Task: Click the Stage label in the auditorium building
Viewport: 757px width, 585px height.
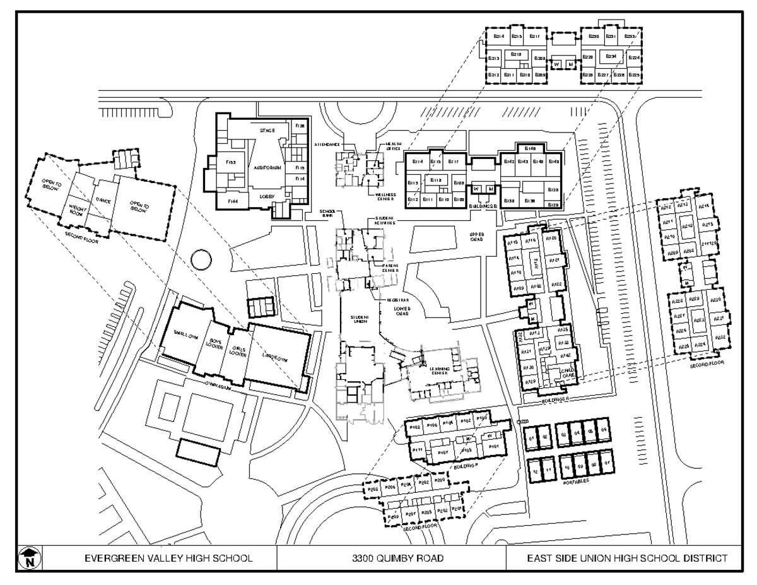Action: tap(267, 131)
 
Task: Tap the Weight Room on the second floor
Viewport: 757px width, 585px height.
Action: tap(78, 210)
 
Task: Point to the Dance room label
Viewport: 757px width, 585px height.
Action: tap(103, 200)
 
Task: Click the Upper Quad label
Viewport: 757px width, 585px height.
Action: tap(476, 237)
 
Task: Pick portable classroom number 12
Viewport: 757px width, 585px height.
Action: tap(535, 471)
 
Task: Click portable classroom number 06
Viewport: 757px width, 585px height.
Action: tap(604, 432)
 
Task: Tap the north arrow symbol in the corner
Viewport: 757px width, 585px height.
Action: tap(29, 557)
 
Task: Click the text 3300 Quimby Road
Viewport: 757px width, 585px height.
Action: tap(391, 558)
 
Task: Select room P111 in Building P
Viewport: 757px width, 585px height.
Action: tap(416, 449)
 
